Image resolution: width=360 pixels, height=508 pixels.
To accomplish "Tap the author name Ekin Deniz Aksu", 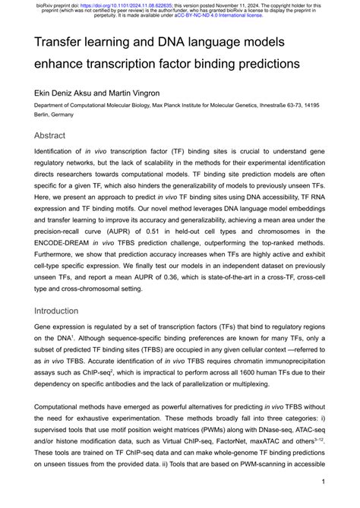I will pos(64,92).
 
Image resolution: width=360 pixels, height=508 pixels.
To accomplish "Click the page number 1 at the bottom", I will pos(324,481).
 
